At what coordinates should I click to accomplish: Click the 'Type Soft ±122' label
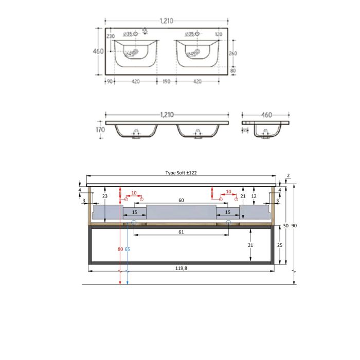point(181,173)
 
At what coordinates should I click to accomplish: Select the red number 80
point(120,249)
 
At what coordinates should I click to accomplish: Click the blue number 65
point(127,249)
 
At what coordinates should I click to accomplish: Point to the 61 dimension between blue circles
point(181,232)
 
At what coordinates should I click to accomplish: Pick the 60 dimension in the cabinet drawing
point(181,201)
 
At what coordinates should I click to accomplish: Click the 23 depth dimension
point(104,196)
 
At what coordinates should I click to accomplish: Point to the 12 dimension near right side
point(254,196)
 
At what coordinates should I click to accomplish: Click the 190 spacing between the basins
point(166,82)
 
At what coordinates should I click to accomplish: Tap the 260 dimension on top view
point(232,53)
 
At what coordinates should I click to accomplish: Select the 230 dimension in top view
point(110,37)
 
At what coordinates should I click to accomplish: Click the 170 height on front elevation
point(99,130)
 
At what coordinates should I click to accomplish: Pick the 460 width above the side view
point(266,115)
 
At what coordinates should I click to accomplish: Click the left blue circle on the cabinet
point(134,223)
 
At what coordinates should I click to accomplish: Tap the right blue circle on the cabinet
point(228,223)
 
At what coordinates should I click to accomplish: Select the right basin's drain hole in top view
point(195,52)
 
